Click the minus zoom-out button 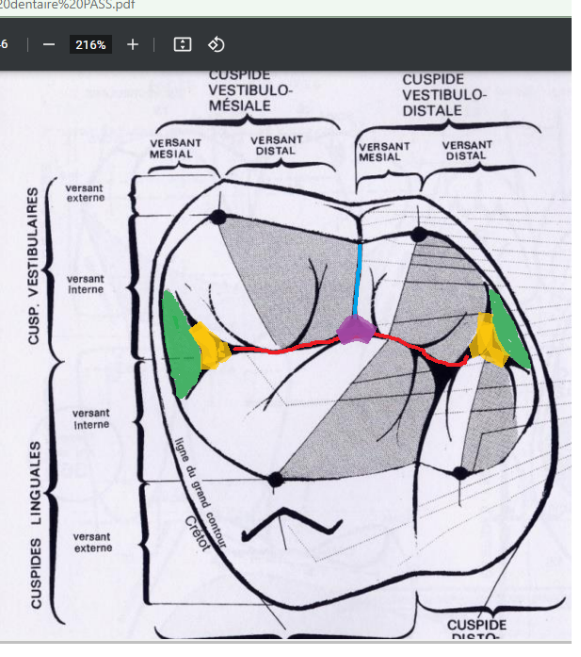coord(49,44)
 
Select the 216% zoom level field coord(90,44)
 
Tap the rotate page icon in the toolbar coord(216,44)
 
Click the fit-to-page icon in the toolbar coord(183,44)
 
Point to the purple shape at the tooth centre coord(355,330)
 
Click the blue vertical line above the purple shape coord(357,279)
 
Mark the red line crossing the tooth coord(282,348)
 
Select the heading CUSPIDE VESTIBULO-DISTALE coord(444,95)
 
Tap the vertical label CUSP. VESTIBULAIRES coord(34,265)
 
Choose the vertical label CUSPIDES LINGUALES coord(36,523)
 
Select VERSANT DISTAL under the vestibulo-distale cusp coord(466,151)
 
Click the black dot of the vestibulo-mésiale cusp coord(218,217)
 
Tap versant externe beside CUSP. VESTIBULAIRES coord(86,193)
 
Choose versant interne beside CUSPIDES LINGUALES coord(90,419)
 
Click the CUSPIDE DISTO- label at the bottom coord(476,629)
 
